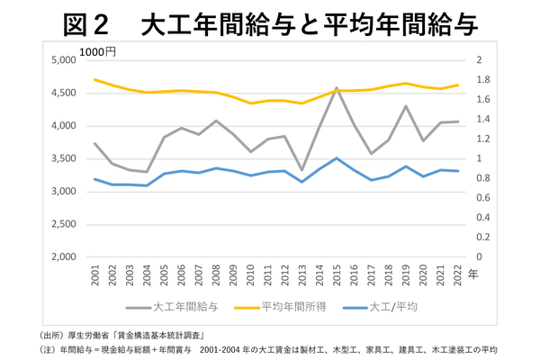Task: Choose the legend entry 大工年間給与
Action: pos(185,307)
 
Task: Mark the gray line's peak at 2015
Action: pos(336,88)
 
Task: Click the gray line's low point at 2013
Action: pos(301,170)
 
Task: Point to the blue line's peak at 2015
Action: pos(336,158)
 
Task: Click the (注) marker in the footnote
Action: pos(44,348)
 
